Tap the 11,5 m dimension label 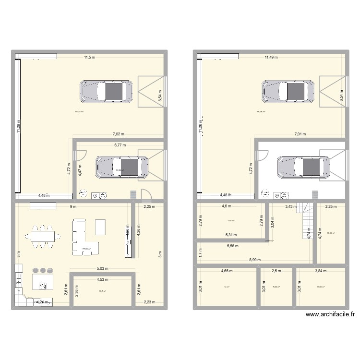(x=90, y=58)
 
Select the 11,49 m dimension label (x=271, y=58)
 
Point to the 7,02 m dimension (x=118, y=135)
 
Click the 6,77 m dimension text (x=120, y=144)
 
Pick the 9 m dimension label (x=73, y=207)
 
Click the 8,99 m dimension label (x=255, y=260)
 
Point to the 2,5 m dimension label (x=276, y=271)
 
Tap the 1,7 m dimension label (x=200, y=252)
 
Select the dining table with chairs (x=44, y=237)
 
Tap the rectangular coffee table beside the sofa (x=101, y=227)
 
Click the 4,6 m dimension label (x=226, y=207)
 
